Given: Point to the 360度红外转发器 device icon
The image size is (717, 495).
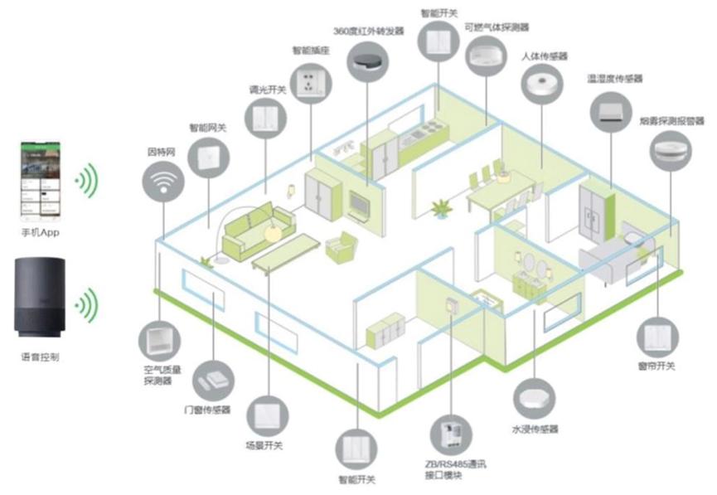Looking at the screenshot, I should pyautogui.click(x=369, y=60).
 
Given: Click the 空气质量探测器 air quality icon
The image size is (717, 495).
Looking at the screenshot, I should pyautogui.click(x=158, y=340).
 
